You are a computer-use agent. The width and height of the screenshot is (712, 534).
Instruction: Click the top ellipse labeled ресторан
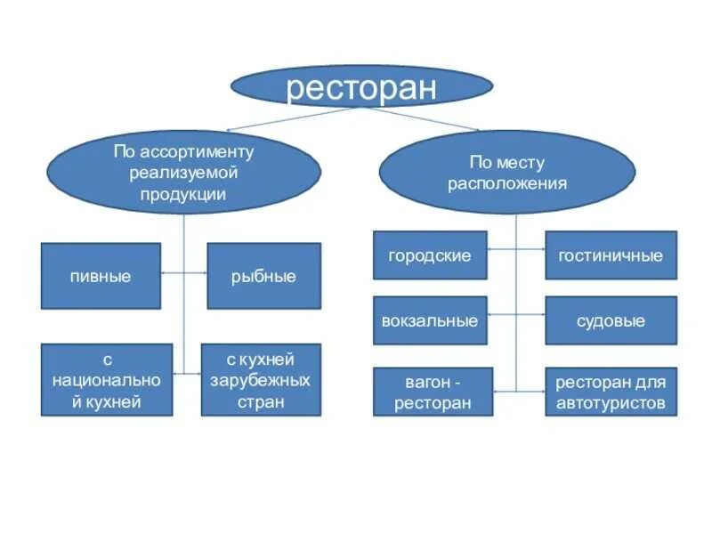(361, 86)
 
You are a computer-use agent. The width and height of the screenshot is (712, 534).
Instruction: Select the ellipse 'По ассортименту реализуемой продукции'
(183, 173)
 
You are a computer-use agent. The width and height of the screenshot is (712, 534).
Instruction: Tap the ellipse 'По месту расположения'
(507, 173)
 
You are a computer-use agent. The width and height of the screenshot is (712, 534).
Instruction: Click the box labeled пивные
(101, 276)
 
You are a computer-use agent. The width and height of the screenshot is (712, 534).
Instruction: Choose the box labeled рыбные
(263, 276)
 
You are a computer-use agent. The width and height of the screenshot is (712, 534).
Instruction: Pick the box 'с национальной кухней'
(107, 380)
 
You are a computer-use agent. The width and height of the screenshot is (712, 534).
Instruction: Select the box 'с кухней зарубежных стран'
(261, 380)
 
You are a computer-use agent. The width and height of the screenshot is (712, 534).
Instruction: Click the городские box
(430, 255)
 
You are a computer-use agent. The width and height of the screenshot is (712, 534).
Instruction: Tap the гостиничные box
(611, 255)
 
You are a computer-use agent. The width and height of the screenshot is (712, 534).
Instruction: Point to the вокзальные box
(430, 320)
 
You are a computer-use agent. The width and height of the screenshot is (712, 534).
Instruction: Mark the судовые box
(611, 320)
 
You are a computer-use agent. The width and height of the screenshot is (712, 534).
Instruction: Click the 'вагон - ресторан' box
(433, 392)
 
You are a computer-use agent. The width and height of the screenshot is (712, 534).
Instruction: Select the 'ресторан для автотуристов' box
(611, 392)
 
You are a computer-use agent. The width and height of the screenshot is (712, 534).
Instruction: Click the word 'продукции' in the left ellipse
(182, 193)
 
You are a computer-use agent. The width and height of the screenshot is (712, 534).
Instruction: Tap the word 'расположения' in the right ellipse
(507, 183)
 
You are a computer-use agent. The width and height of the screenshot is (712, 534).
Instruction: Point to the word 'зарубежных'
(261, 381)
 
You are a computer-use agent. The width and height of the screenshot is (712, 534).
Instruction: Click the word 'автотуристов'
(611, 403)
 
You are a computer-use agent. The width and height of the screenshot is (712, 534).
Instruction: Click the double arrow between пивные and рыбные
(183, 273)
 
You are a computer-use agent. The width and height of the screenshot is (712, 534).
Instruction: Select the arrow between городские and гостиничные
(516, 250)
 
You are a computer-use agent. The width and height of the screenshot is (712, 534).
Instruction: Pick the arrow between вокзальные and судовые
(516, 314)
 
